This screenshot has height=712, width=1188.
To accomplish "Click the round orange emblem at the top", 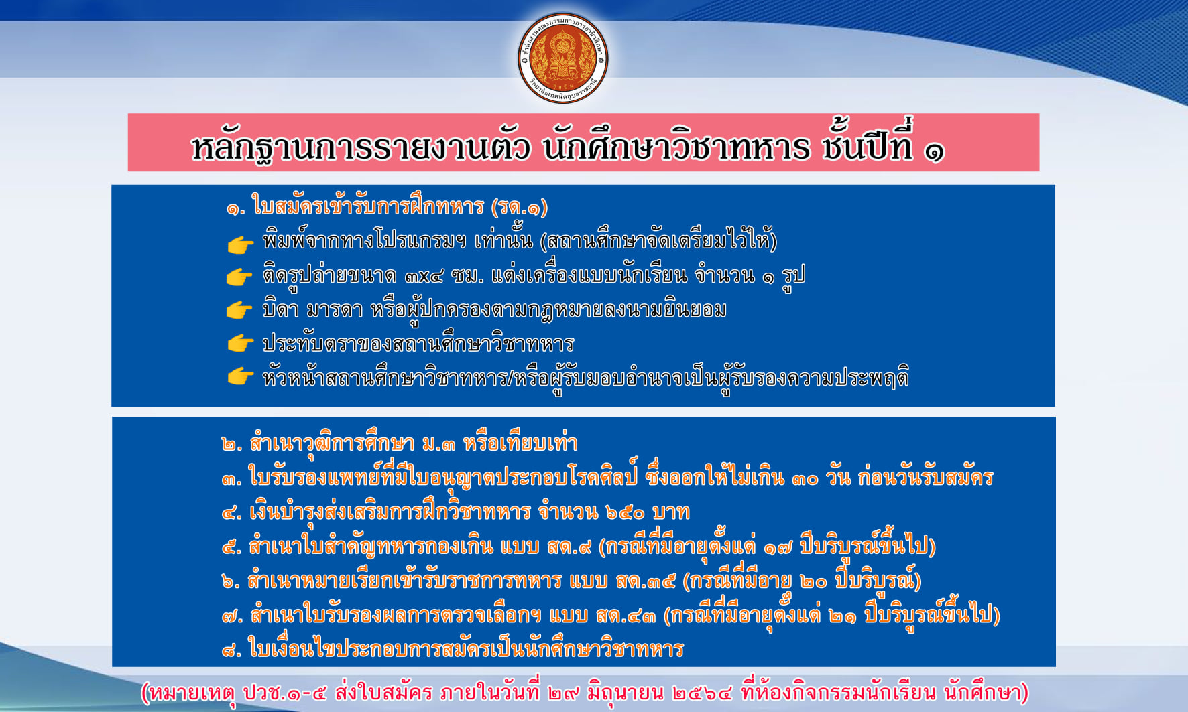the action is pyautogui.click(x=563, y=58).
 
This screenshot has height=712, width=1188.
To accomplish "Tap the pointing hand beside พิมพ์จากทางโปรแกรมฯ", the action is pyautogui.click(x=240, y=245).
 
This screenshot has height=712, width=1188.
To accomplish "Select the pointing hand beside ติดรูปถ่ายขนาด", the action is pyautogui.click(x=240, y=277).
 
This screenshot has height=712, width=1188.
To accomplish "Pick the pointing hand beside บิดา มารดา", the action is pyautogui.click(x=240, y=310).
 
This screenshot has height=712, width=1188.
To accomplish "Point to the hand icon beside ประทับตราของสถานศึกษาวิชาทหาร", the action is pyautogui.click(x=240, y=344).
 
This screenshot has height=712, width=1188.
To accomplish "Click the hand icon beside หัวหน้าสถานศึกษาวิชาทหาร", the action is pyautogui.click(x=240, y=376).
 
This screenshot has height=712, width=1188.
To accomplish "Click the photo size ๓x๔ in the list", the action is pyautogui.click(x=424, y=276).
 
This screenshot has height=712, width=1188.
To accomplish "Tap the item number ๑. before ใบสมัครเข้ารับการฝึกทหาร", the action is pyautogui.click(x=236, y=209).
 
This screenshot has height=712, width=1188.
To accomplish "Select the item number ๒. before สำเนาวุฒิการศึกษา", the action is pyautogui.click(x=232, y=444).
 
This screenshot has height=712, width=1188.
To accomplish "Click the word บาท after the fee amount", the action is pyautogui.click(x=670, y=513).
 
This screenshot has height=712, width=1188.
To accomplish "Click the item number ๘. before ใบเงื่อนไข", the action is pyautogui.click(x=232, y=650).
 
